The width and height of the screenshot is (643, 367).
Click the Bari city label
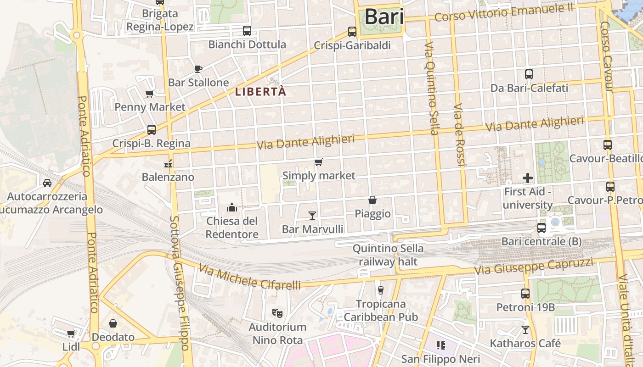tap(384, 17)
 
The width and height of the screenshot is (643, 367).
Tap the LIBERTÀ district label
tap(260, 91)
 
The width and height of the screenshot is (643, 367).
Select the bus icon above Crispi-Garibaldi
tap(352, 32)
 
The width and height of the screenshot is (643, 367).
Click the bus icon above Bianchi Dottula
tap(247, 31)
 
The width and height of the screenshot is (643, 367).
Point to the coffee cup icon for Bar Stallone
tap(198, 69)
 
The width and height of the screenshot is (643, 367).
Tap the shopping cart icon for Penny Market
tap(149, 94)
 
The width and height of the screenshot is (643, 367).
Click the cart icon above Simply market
tap(318, 162)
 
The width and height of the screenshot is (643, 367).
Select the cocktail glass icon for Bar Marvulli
tap(312, 215)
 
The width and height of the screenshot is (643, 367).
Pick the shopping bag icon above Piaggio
tap(372, 200)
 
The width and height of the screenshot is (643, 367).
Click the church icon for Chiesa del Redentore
tap(232, 207)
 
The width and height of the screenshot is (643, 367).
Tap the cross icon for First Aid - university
tap(528, 178)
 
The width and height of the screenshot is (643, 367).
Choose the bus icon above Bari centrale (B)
tap(541, 228)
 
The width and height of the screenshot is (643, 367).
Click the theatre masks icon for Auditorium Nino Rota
tap(277, 313)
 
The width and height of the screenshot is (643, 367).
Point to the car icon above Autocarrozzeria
tap(47, 183)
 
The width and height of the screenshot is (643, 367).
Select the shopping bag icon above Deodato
tap(113, 323)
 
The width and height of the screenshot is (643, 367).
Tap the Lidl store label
tap(71, 347)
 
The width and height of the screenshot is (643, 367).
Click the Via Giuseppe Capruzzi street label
tap(533, 266)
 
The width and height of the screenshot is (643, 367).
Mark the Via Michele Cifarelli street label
tap(250, 278)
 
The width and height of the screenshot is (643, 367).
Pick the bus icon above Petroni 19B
tap(525, 294)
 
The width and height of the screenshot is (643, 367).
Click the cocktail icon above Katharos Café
tap(525, 329)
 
